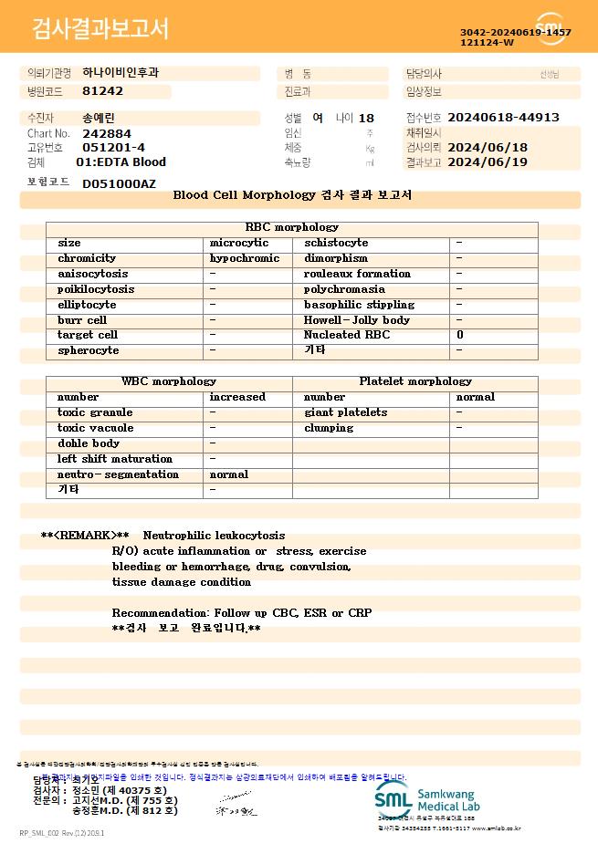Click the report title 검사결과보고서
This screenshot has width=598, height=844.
[100, 29]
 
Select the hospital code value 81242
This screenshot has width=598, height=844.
[102, 91]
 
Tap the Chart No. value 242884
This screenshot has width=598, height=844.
[107, 133]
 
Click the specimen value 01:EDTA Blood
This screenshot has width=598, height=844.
[121, 162]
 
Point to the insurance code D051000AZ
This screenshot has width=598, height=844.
[119, 183]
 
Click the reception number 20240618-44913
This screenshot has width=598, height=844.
[503, 118]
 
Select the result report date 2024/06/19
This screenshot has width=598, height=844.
[488, 162]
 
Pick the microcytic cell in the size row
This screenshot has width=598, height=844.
[239, 243]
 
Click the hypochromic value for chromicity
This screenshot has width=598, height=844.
[245, 258]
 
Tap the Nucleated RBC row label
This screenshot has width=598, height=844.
[347, 335]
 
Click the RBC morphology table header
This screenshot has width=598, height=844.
[292, 227]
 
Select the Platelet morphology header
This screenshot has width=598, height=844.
[415, 381]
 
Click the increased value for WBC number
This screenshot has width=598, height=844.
[237, 397]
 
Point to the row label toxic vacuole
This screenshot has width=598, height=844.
[95, 428]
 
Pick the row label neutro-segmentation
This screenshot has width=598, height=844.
[118, 474]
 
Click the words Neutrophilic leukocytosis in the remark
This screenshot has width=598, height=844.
[214, 536]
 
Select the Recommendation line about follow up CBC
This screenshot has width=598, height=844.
[242, 612]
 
